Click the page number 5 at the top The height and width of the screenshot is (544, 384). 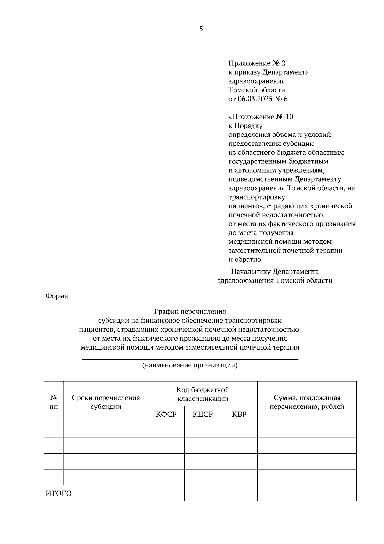pos(201,29)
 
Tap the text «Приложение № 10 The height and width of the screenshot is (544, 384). pos(261,117)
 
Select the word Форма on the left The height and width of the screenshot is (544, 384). pos(57,296)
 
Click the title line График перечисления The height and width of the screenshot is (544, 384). pos(190,311)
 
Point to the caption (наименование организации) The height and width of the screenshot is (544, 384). pos(190,365)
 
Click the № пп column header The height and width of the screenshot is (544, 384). pos(54,402)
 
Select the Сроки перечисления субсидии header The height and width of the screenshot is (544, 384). pos(106,402)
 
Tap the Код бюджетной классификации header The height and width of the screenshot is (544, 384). pos(203,394)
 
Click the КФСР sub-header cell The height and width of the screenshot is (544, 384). pos(166,414)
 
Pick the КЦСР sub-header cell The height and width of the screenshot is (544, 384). pos(203,414)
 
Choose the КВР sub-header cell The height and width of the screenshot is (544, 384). pos(239,414)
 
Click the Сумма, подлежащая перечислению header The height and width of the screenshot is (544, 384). pos(307,402)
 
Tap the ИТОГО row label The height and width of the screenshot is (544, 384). pos(59,493)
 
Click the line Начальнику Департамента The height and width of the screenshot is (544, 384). pos(275,272)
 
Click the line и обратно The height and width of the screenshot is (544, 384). pos(245,260)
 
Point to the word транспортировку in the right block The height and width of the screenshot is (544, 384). pos(257,197)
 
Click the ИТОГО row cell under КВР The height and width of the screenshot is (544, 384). pos(239,493)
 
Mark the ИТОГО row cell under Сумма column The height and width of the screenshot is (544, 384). pos(307,493)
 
